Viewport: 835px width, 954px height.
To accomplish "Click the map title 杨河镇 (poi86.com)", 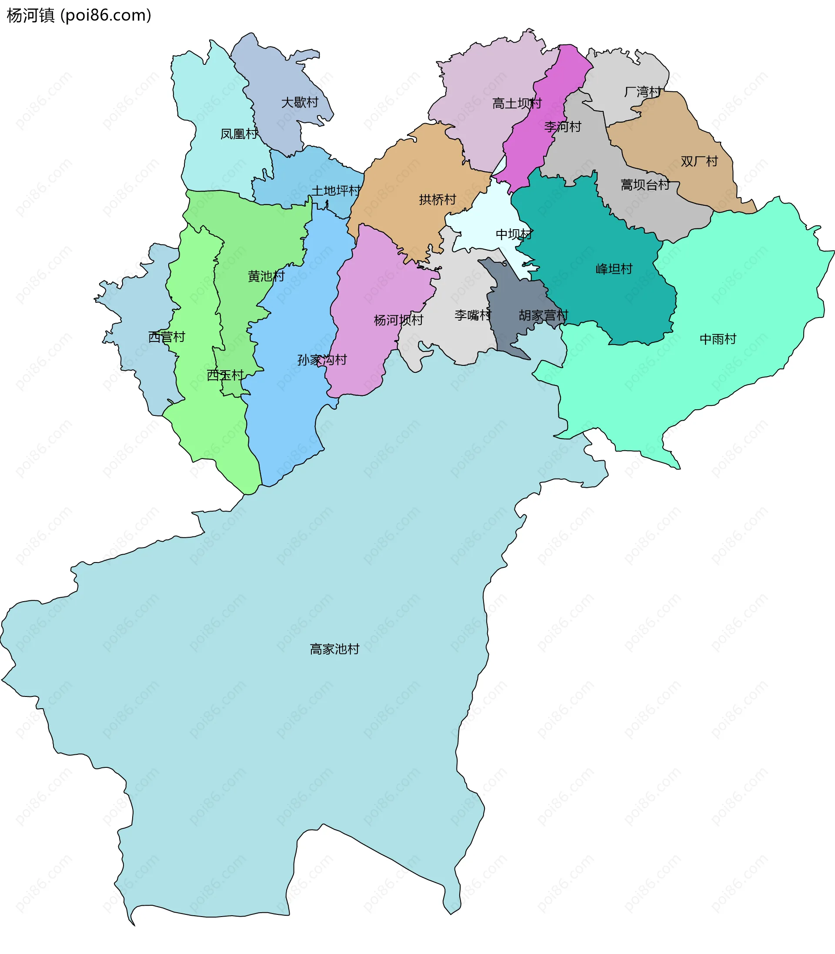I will [79, 15].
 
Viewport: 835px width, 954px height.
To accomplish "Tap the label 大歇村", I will [300, 102].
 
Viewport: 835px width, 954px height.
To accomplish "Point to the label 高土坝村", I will [517, 103].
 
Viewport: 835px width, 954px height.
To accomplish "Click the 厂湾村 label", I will [642, 92].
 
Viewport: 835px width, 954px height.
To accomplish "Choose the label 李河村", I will [562, 126].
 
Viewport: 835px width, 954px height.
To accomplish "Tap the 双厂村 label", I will [699, 161].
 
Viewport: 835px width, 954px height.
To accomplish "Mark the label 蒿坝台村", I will [645, 185].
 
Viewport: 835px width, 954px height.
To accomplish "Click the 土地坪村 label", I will [336, 191].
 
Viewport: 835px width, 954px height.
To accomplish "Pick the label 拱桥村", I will [437, 200].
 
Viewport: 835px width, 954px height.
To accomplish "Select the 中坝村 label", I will [514, 234].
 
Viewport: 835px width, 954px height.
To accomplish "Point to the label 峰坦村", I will [614, 268].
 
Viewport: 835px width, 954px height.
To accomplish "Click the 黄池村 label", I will [266, 276].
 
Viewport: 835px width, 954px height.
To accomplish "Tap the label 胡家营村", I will [543, 315].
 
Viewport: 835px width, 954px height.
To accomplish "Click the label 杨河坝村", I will [398, 320].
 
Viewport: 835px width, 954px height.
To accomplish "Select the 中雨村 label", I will [718, 339].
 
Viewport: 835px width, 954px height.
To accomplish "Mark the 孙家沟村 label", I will [322, 360].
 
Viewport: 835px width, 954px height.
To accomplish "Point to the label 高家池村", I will [334, 649].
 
